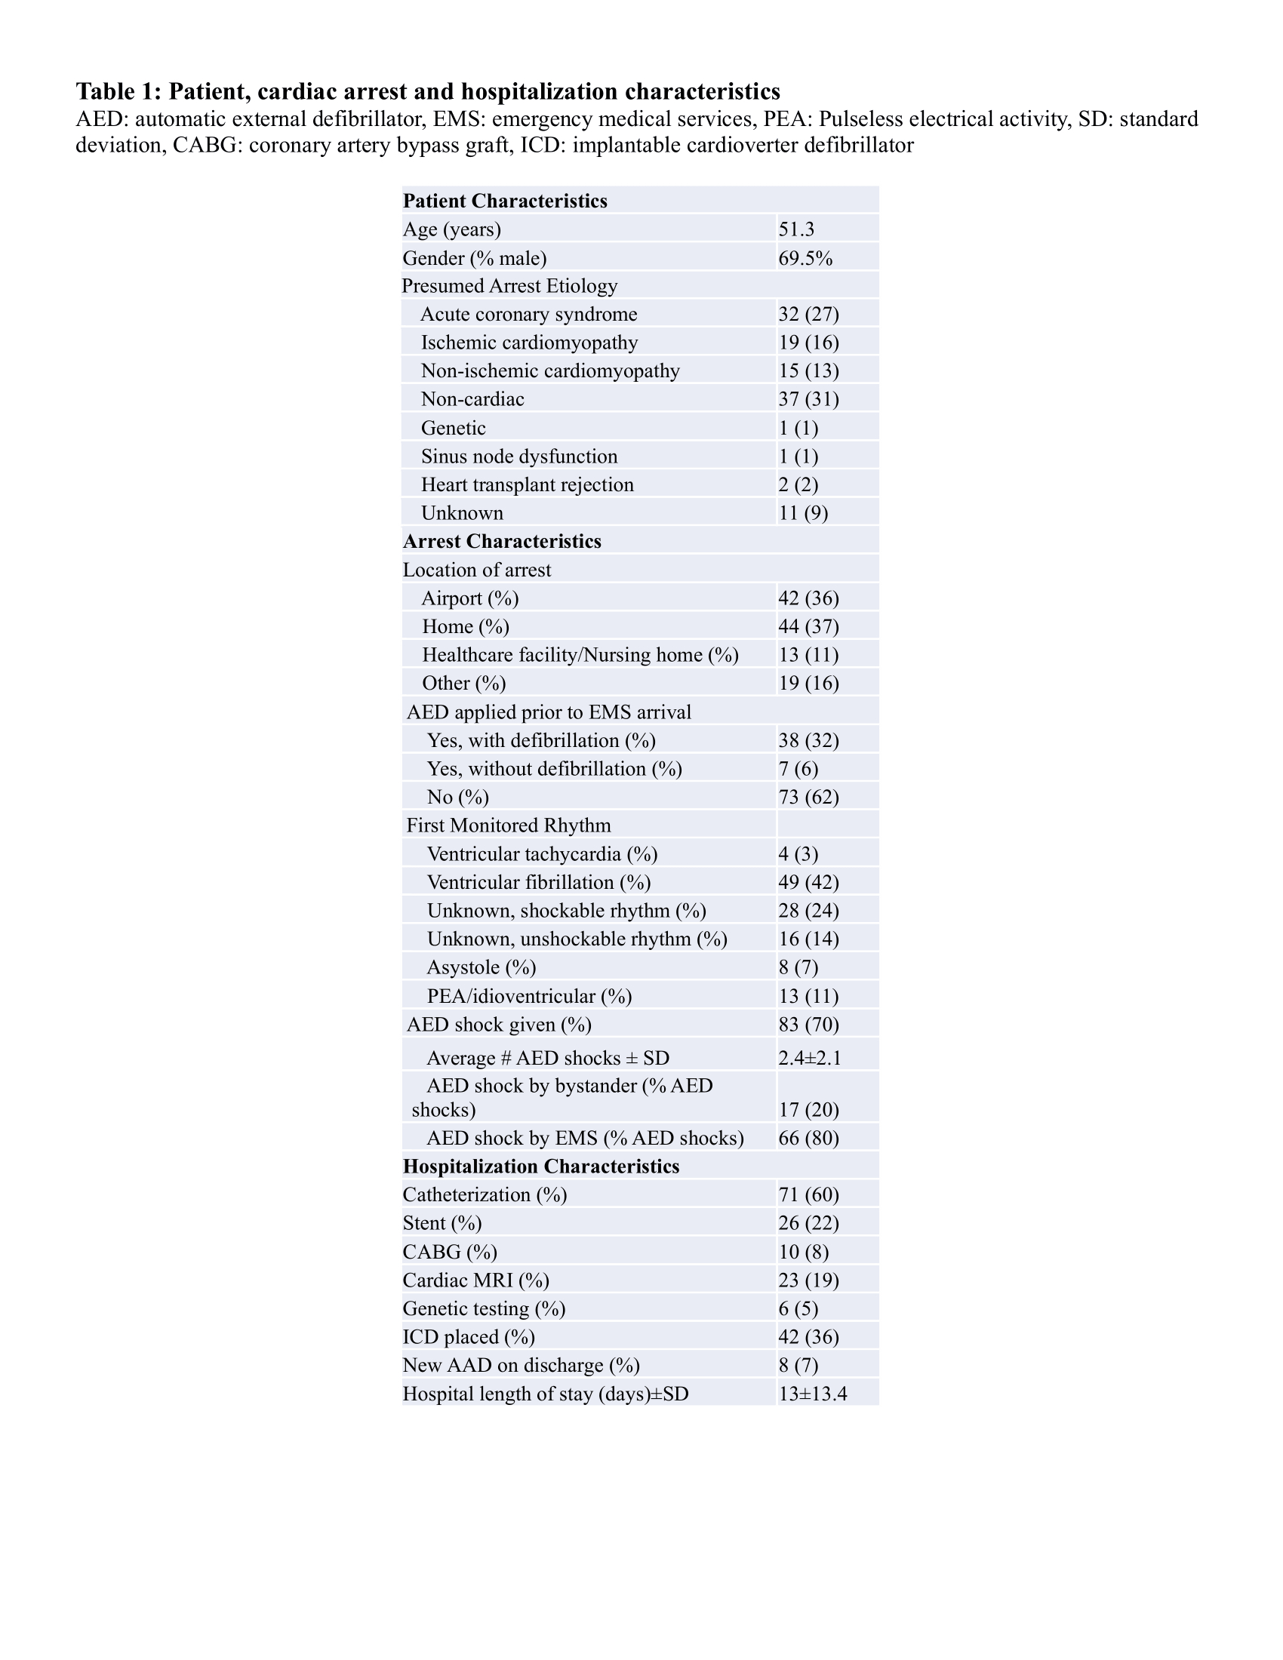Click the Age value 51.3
795,229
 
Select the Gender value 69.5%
805,258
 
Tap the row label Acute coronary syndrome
528,315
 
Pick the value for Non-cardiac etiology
808,400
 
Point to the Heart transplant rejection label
527,485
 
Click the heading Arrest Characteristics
502,542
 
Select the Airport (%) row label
469,599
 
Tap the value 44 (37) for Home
808,627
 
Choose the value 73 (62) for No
808,798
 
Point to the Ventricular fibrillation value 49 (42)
808,883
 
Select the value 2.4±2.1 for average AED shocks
810,1058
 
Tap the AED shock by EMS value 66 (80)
808,1139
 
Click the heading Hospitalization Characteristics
540,1167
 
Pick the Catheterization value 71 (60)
808,1196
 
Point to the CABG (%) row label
449,1252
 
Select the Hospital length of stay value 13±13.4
812,1394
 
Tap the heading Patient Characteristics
505,201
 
